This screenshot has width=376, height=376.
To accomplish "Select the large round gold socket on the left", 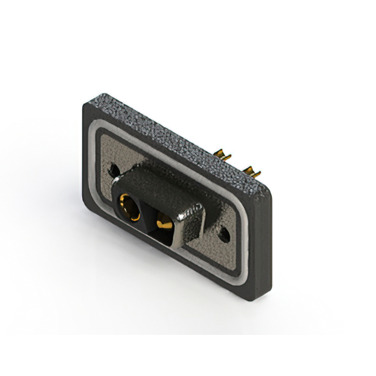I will [128, 207].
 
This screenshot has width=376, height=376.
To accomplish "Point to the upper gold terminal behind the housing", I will [224, 156].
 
